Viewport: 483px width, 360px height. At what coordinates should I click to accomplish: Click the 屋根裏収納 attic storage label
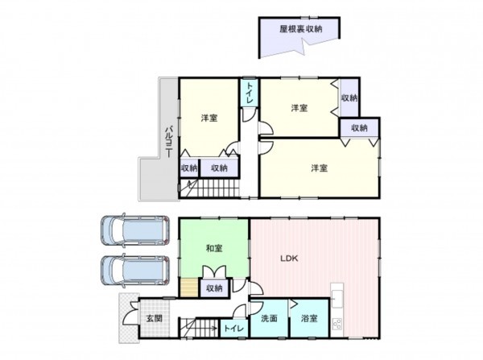(300, 29)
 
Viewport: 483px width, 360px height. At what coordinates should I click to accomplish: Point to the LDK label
(289, 259)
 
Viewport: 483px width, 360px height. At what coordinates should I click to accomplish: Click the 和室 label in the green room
(213, 249)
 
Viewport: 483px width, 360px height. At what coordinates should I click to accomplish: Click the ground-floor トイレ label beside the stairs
(233, 329)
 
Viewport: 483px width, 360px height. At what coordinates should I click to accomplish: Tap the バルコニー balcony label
(170, 142)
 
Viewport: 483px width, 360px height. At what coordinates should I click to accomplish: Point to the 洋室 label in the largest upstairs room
(320, 168)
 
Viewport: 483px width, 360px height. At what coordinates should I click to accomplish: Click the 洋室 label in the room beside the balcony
(208, 119)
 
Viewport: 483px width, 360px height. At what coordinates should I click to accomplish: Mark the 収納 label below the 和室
(213, 288)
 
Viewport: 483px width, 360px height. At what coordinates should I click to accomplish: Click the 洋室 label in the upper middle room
(299, 109)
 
